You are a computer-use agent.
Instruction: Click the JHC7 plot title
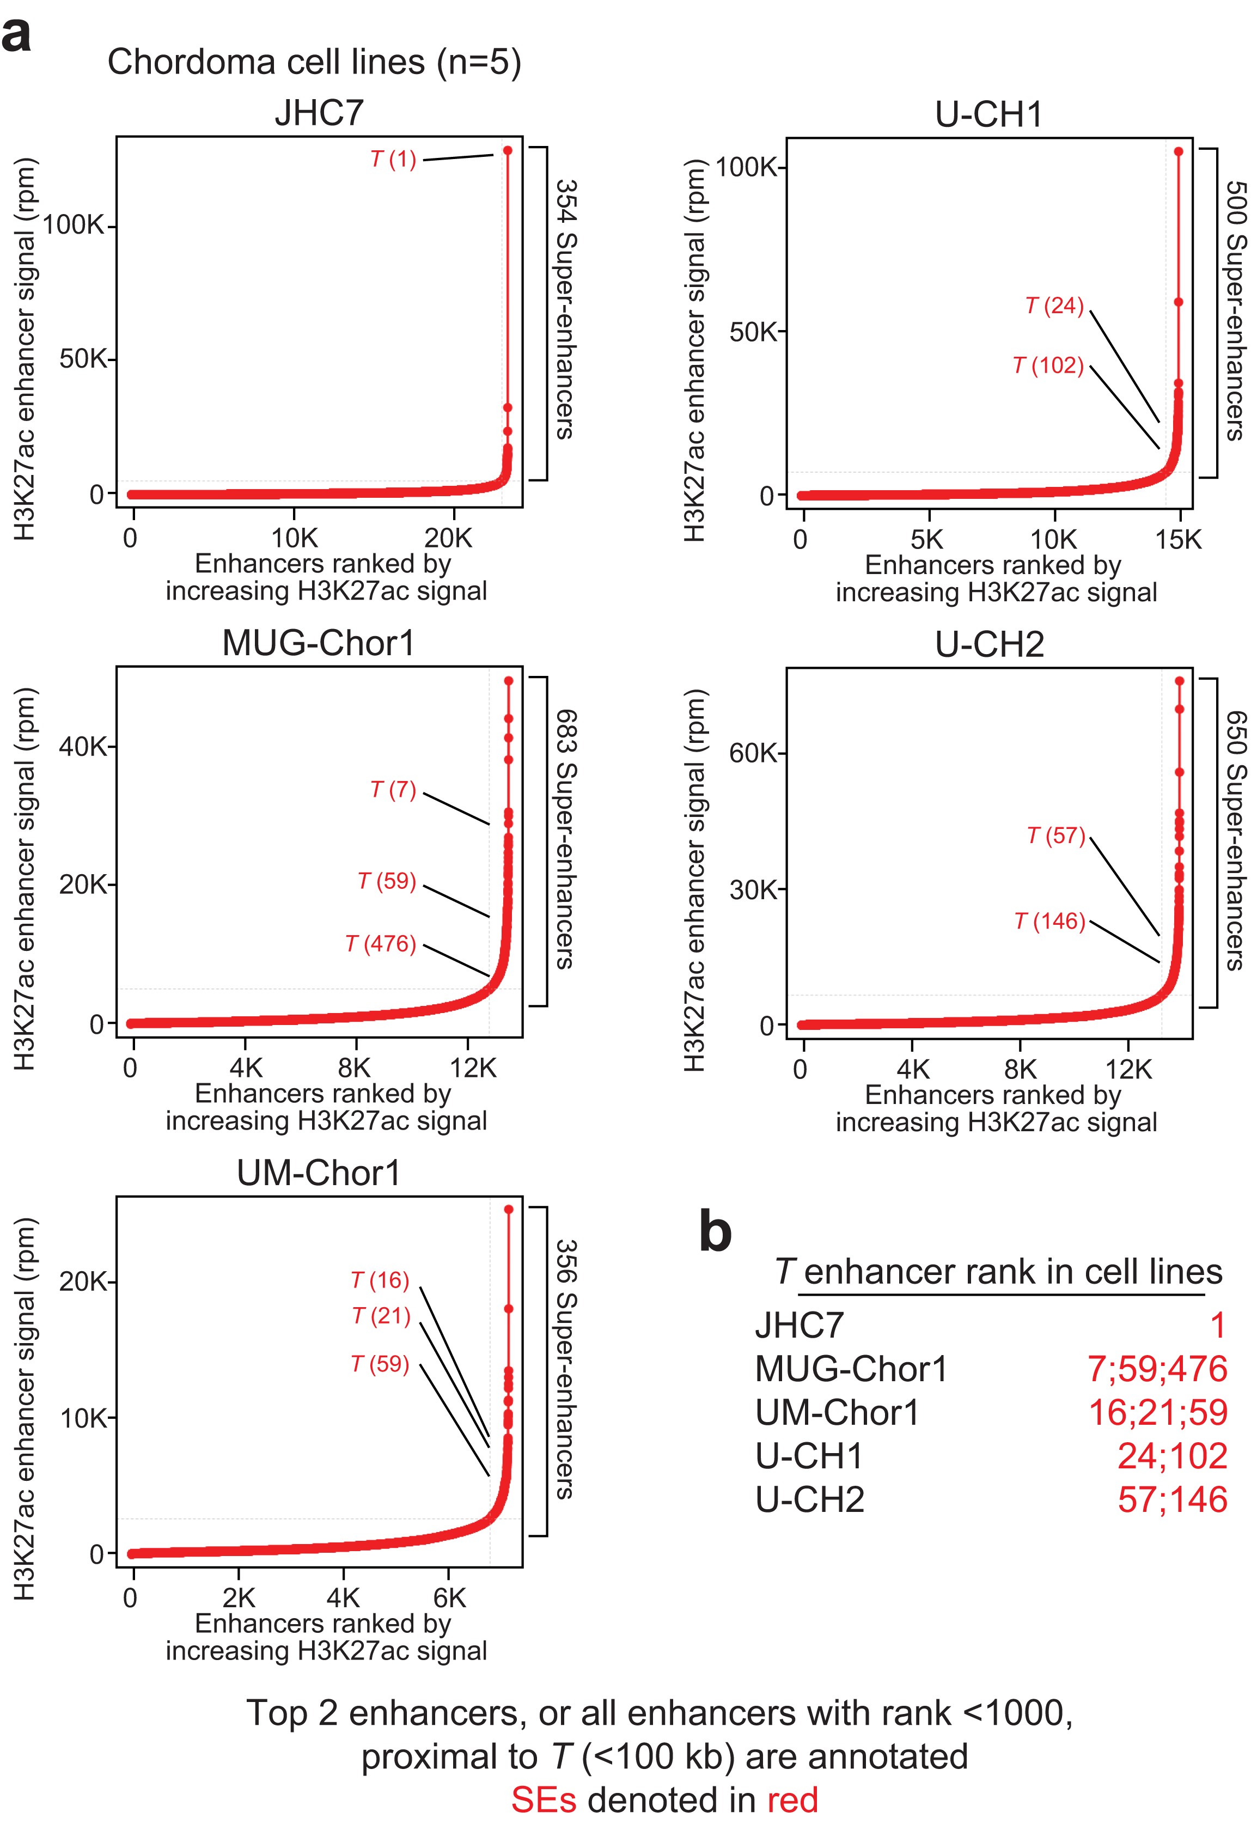(x=319, y=113)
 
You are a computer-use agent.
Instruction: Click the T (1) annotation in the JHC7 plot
(x=393, y=160)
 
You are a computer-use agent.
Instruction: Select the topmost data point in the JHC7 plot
(x=508, y=150)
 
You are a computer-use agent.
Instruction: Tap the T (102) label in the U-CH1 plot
(x=1048, y=366)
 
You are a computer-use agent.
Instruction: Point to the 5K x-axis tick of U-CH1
(x=927, y=540)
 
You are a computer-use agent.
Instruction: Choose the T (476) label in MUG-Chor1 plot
(x=381, y=943)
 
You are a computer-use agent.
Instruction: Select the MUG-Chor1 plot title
(x=318, y=643)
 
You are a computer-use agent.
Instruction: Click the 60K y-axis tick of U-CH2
(x=753, y=753)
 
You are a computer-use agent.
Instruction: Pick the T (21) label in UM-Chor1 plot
(x=381, y=1315)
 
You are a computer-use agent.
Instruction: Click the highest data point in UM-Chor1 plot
(x=509, y=1210)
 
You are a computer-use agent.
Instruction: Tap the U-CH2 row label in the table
(x=809, y=1500)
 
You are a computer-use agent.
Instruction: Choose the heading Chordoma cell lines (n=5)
(x=314, y=62)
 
